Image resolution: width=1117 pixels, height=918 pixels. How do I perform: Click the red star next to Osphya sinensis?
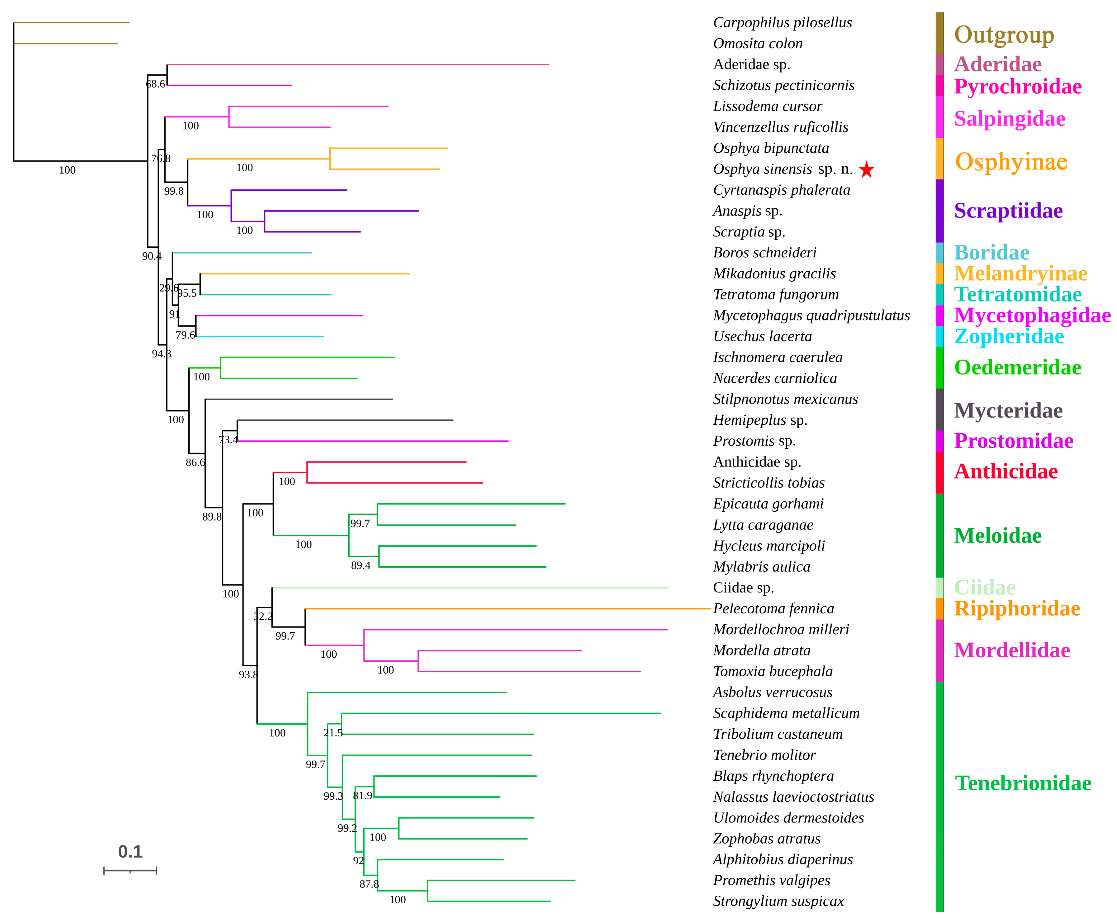[x=866, y=170]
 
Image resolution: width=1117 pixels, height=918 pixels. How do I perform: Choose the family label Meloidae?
[x=997, y=536]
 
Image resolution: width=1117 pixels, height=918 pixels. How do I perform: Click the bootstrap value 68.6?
[x=155, y=84]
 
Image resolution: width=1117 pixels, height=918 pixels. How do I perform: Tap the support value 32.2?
[x=263, y=616]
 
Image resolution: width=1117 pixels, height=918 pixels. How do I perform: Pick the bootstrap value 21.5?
[x=333, y=733]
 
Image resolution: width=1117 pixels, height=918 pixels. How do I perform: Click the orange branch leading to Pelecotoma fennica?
[x=507, y=609]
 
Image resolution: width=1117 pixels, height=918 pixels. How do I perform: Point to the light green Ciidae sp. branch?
[x=470, y=588]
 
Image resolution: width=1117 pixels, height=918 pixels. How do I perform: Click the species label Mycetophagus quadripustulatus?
[x=811, y=316]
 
